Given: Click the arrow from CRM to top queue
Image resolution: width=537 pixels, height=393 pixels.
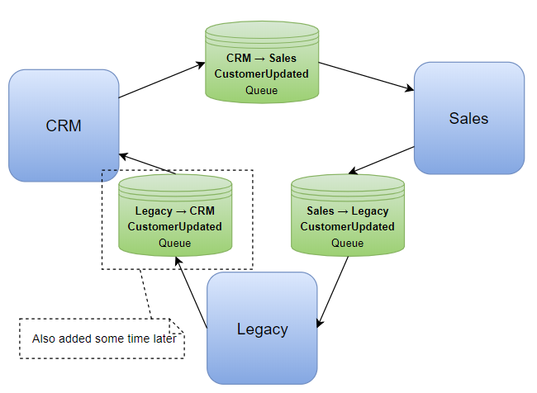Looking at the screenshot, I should (x=161, y=80).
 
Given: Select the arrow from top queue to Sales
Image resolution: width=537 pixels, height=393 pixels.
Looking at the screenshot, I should (x=366, y=76).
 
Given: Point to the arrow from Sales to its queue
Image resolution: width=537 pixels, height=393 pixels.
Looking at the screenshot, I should (x=381, y=160).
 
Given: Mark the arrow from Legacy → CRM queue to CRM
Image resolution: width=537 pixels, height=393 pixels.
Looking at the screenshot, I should (x=146, y=163).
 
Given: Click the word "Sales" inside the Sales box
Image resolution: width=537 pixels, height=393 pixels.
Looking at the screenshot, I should (x=468, y=118).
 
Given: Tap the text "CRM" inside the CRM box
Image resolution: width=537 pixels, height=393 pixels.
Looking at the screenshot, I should (x=64, y=125).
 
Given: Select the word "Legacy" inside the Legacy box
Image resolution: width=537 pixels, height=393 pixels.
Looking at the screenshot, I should (x=262, y=329).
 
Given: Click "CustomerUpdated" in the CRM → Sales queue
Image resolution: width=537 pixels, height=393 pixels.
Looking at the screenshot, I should (x=262, y=74).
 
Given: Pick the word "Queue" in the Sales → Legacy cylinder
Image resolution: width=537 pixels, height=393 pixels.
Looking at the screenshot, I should (x=347, y=243).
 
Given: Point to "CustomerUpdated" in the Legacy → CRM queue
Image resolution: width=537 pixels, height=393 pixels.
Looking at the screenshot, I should (x=174, y=227).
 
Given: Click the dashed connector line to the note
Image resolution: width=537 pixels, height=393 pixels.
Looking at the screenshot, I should (x=145, y=293).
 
